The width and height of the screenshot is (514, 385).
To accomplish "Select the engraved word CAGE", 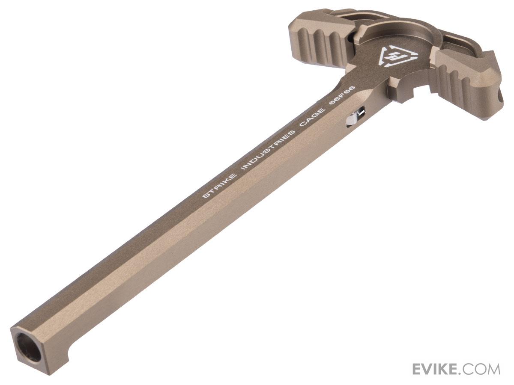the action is tap(312, 118).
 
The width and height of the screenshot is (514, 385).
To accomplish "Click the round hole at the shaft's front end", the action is tap(28, 347).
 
